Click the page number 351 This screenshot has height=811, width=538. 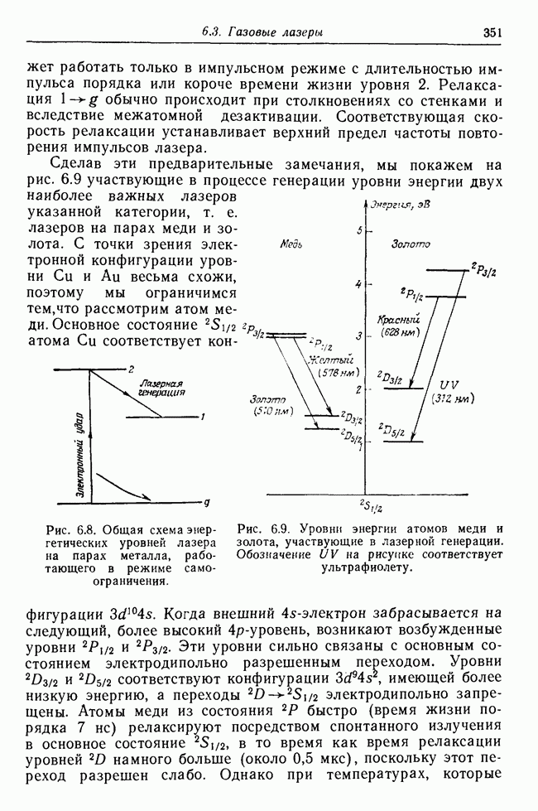(495, 32)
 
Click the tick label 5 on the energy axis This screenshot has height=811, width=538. (358, 230)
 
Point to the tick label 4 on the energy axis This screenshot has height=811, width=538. (358, 285)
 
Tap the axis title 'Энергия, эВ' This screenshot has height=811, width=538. (401, 204)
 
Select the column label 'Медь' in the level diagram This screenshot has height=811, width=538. (291, 246)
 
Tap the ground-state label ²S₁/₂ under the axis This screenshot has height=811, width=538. (370, 507)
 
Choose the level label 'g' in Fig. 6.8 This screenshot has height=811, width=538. (207, 502)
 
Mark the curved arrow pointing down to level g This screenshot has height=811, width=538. (124, 486)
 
